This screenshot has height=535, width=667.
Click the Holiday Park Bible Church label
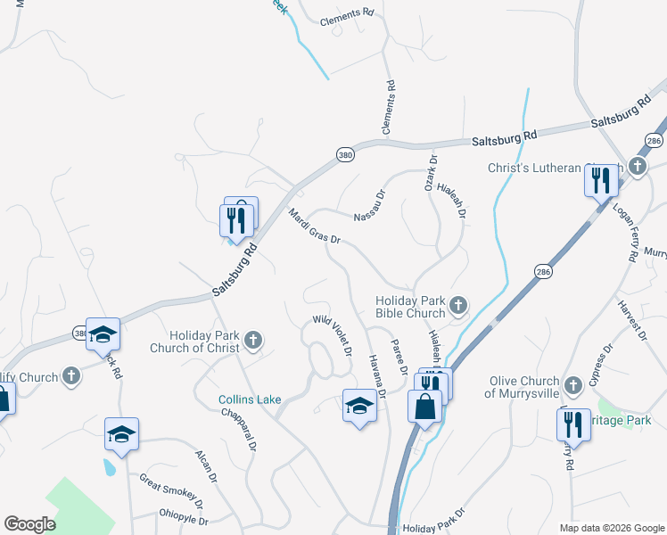click(x=409, y=308)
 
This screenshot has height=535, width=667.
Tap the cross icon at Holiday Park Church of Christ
click(x=253, y=339)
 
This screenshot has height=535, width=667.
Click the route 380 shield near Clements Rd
click(x=346, y=155)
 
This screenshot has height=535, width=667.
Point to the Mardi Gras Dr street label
click(x=315, y=226)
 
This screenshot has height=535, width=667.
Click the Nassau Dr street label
click(x=368, y=205)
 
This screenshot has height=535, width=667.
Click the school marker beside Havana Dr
click(x=359, y=407)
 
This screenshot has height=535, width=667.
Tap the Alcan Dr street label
click(x=206, y=466)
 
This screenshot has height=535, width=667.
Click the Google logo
click(x=29, y=524)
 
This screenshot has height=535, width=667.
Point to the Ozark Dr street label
click(x=431, y=173)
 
